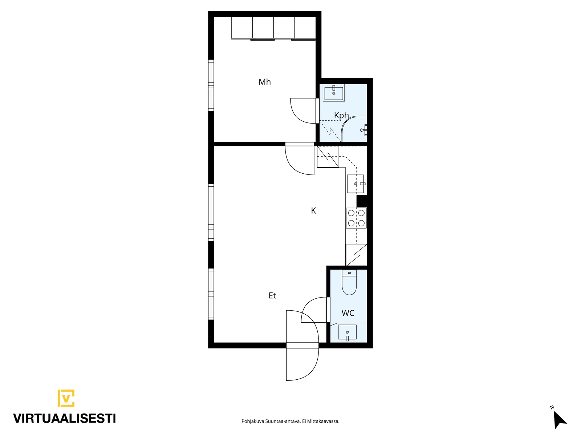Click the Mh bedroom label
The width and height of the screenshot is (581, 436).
click(x=264, y=82)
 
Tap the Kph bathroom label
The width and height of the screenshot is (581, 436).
click(x=341, y=116)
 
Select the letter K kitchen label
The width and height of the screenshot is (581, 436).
click(x=313, y=211)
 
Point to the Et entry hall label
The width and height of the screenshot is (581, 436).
click(x=272, y=295)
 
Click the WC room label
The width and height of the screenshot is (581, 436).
click(x=348, y=313)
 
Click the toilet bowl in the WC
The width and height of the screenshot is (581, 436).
click(x=349, y=282)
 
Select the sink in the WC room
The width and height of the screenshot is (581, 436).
click(x=347, y=332)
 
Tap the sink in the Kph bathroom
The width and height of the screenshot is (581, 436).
click(x=334, y=93)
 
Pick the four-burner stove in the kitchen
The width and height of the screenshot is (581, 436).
click(x=356, y=218)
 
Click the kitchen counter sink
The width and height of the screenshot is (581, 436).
click(x=356, y=184)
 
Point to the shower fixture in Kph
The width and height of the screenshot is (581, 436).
click(x=364, y=130)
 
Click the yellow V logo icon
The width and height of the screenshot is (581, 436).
click(x=66, y=398)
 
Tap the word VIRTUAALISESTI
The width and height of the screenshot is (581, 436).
click(x=65, y=418)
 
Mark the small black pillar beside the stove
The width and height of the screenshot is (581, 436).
click(x=362, y=201)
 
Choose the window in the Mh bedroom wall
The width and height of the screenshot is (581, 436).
click(x=211, y=85)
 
